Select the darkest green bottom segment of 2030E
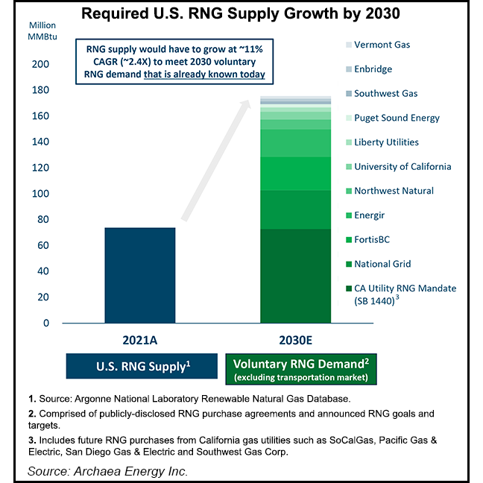(295, 276)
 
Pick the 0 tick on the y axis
(47, 323)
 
